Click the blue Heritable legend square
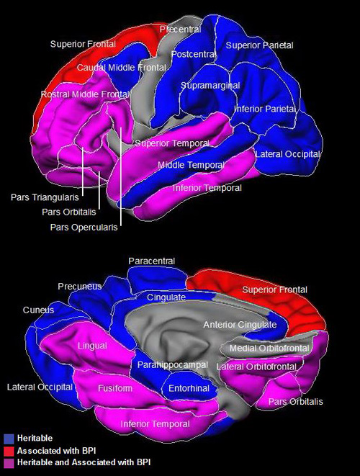pos(9,439)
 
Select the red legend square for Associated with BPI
pos(9,451)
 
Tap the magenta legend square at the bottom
pos(9,463)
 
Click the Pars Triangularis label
pos(45,197)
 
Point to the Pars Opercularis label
pos(84,227)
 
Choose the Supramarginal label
pos(210,86)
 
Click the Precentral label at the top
pos(180,30)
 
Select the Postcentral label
pos(194,54)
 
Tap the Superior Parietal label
pos(259,45)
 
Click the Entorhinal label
pos(189,388)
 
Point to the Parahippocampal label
pos(172,365)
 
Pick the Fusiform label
pos(115,388)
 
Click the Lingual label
pos(92,346)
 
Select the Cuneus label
pos(38,310)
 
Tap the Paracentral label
pos(152,261)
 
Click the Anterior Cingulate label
pos(240,325)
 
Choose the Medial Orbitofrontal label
pos(269,349)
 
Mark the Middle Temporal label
pos(192,165)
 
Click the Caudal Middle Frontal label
pos(122,68)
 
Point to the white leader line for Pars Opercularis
pos(121,176)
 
